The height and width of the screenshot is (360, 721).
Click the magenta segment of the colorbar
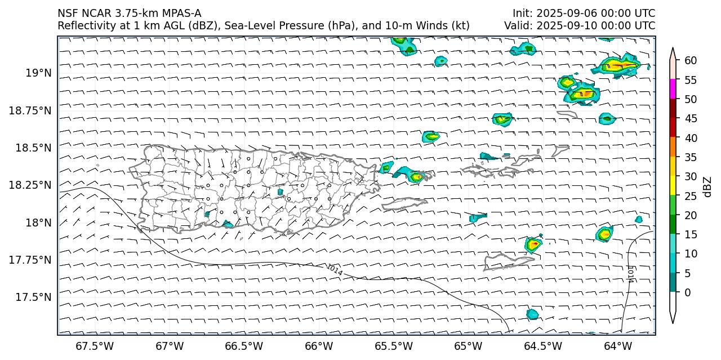coord(673,89)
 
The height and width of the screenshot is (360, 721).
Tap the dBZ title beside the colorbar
coord(707,187)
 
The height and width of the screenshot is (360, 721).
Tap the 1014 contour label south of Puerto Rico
coord(334,270)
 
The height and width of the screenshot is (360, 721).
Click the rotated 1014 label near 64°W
coord(631,274)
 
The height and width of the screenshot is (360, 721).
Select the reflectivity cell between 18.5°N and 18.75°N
coord(431,136)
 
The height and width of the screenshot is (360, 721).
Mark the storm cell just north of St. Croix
coord(533,245)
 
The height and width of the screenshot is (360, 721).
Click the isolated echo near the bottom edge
coord(532,314)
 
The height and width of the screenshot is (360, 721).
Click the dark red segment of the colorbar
coord(673,108)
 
